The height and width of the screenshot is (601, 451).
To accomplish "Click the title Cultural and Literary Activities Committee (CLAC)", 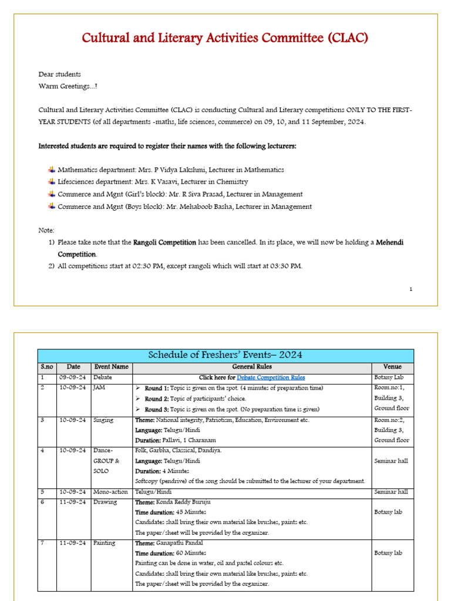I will tap(225, 39).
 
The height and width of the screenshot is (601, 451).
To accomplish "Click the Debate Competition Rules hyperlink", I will tap(271, 377).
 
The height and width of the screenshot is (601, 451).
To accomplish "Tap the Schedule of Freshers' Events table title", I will tap(225, 356).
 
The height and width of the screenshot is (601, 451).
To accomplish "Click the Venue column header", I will tap(392, 367).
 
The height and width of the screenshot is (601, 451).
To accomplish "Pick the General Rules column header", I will tap(252, 367).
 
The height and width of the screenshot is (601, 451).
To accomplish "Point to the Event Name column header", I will tap(110, 367).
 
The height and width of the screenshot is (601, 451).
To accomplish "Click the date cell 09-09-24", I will tap(73, 377).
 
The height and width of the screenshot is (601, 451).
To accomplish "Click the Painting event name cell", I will tap(105, 543).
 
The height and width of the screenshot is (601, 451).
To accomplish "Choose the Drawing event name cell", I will tap(105, 502).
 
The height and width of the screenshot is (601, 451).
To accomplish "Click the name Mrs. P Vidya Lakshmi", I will tap(187, 170).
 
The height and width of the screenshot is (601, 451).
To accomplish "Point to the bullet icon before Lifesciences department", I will tap(52, 182).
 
